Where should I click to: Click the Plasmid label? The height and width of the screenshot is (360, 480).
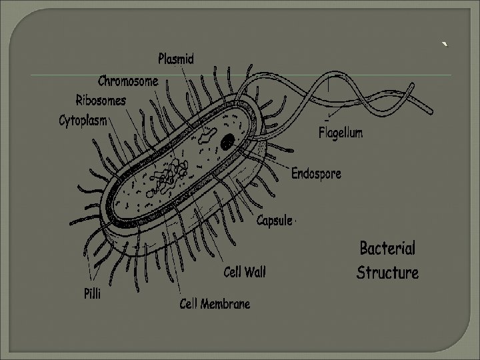click(x=176, y=59)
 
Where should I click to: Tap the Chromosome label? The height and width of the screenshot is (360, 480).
click(x=128, y=81)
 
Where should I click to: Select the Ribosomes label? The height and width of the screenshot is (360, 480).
click(x=101, y=101)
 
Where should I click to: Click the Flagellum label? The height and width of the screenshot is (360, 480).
click(x=341, y=133)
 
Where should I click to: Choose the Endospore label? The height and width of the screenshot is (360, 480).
click(x=316, y=174)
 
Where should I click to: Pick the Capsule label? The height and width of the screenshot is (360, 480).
click(x=275, y=220)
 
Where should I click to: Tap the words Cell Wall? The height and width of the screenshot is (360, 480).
click(x=244, y=272)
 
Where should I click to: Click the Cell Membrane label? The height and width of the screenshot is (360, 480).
click(x=215, y=304)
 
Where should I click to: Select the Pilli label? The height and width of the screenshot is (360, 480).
click(x=92, y=294)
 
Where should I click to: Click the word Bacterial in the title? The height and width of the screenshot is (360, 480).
click(x=387, y=249)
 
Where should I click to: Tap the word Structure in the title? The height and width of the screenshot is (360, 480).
click(x=387, y=273)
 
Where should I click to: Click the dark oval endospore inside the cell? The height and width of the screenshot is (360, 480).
click(x=228, y=141)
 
